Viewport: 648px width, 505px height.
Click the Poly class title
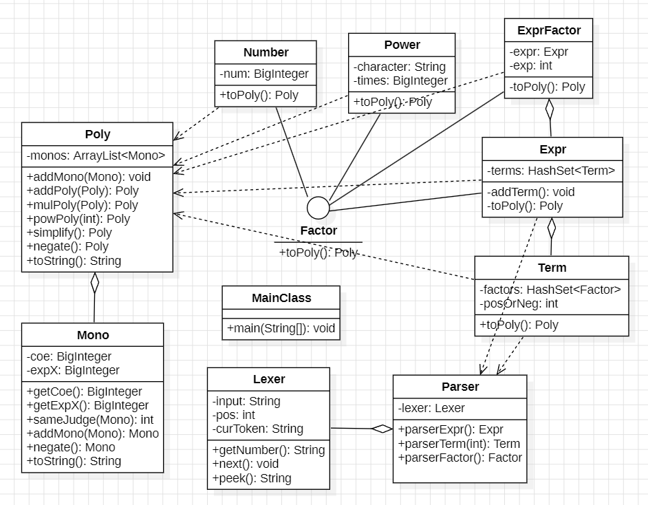pos(98,134)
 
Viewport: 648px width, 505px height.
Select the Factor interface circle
pos(318,208)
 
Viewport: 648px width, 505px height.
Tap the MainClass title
pos(281,298)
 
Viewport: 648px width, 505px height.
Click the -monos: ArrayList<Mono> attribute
pos(96,155)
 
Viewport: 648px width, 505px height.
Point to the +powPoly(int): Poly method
pos(78,219)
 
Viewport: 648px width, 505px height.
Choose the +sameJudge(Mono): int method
pos(90,420)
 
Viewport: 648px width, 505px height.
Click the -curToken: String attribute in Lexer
pos(258,429)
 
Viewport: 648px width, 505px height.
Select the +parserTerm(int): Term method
pos(459,444)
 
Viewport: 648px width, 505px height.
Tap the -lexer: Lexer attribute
pos(431,408)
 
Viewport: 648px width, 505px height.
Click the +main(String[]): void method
pos(281,328)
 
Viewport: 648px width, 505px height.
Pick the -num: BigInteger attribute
pos(264,74)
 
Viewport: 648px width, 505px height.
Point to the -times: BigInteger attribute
pos(400,80)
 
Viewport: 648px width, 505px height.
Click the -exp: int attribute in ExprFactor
pos(530,65)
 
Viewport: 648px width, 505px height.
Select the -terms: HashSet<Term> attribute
pos(551,171)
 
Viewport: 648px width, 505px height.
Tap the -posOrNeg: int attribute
pos(519,303)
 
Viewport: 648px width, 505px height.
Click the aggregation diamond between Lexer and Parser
pos(382,429)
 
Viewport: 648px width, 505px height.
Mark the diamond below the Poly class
pos(95,283)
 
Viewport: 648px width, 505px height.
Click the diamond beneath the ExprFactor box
pos(549,109)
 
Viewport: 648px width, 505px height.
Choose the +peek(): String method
pos(252,478)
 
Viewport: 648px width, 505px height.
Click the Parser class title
pos(460,387)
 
